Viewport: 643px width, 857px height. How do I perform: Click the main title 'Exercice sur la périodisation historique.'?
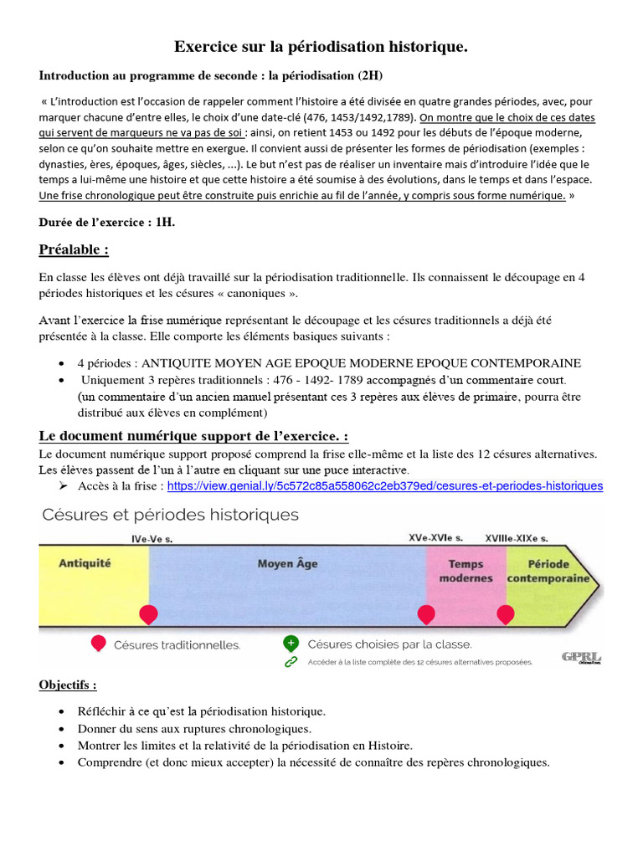coord(321,48)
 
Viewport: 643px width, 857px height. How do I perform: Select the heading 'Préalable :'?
coord(74,250)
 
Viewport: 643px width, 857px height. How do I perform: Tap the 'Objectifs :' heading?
coord(68,685)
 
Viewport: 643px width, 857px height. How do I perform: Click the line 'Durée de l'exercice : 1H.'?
coord(107,223)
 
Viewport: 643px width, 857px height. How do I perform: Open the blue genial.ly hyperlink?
coord(384,485)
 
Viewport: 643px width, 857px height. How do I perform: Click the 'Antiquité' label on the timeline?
coord(85,563)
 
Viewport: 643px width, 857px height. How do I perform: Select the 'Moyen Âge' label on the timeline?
coord(287,564)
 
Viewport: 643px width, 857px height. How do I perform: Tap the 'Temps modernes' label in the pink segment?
coord(466,572)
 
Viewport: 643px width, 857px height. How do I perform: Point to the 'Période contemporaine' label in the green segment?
coord(549,572)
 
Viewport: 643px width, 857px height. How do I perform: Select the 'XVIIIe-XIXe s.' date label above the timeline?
coord(517,538)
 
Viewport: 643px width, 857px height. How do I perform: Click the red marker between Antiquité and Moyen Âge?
coord(148,615)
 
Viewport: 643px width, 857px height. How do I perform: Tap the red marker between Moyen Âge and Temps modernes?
coord(426,615)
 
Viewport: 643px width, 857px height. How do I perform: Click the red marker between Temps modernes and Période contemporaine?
coord(506,615)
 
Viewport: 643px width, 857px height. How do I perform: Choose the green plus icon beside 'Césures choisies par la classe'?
coord(291,644)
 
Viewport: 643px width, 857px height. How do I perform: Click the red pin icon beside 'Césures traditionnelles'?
coord(98,644)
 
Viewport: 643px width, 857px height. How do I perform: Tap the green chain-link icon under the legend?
coord(291,661)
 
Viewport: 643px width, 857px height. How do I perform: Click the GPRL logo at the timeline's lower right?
coord(581,658)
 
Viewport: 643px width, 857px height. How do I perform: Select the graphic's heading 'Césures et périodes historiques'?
coord(170,515)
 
